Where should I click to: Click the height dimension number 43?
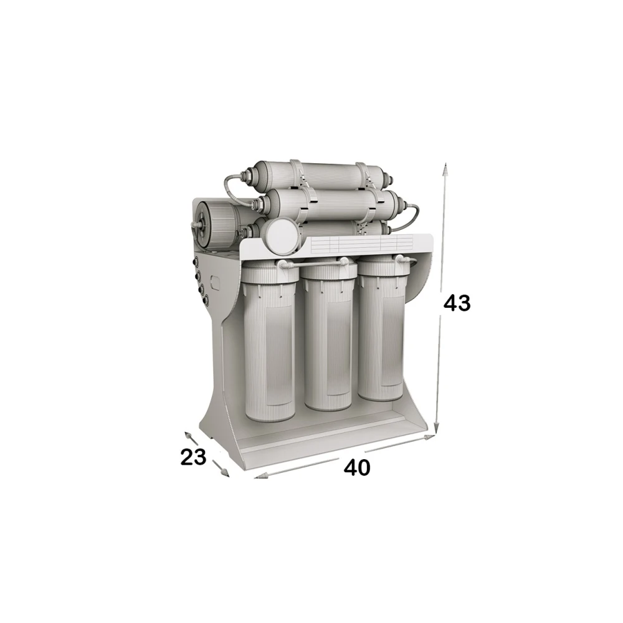pos(457,303)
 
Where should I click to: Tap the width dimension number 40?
pos(357,468)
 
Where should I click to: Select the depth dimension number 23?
pos(194,457)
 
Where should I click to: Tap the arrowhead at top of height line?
pos(446,169)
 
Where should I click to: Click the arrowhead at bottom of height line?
pos(436,427)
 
